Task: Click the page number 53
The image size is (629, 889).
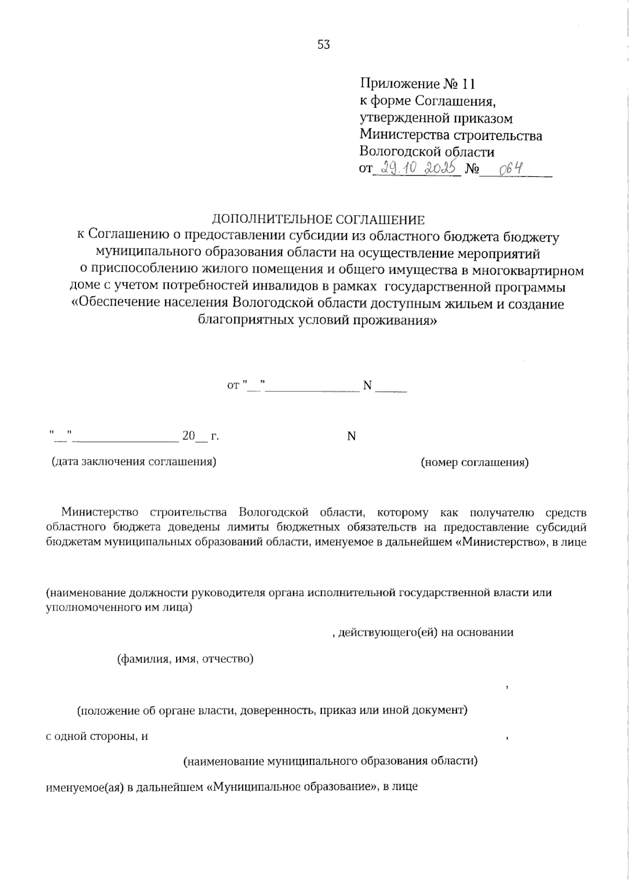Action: pos(323,45)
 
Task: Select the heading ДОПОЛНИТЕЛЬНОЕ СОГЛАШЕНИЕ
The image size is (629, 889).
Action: pos(318,219)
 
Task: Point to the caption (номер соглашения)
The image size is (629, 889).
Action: pos(475,462)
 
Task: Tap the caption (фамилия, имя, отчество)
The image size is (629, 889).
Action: pos(185,659)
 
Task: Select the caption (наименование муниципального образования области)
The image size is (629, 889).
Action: pos(330,761)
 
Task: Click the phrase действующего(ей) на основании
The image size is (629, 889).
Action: pos(426,633)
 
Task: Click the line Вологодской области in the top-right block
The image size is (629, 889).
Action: pos(427,152)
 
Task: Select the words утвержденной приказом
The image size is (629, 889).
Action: pos(436,119)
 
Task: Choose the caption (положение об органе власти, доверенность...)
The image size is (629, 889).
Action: pos(272,711)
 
